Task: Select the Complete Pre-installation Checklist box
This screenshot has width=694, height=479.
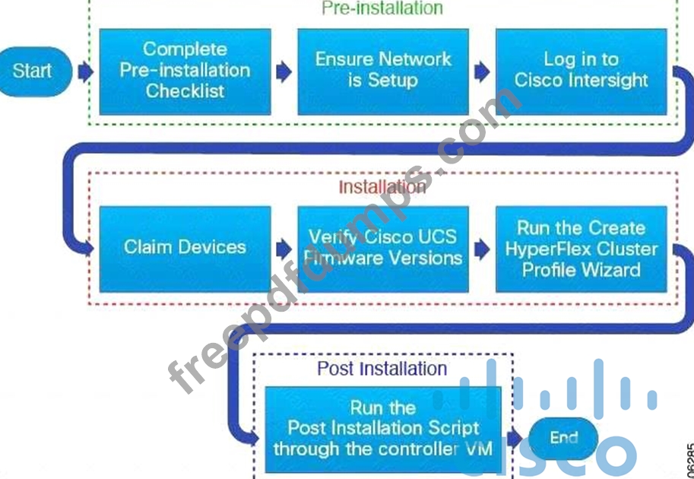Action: pos(185,71)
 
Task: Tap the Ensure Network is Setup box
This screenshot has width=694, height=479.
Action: pos(382,71)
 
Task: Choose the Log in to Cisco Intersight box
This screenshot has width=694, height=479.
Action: pos(582,71)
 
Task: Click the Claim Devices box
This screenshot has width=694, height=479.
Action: pos(185,248)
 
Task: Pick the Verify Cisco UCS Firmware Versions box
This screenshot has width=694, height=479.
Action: pos(382,248)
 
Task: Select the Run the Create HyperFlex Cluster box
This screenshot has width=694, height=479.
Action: pos(582,248)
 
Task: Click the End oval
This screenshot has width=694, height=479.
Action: pos(563,438)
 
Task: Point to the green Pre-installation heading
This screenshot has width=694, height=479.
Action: pos(382,8)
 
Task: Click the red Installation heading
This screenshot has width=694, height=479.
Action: pos(382,186)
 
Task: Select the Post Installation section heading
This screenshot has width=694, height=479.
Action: pos(382,369)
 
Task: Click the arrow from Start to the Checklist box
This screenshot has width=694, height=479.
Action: pos(85,71)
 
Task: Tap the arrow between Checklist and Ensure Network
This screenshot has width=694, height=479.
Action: pos(284,71)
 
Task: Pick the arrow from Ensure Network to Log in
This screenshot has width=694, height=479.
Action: pos(482,71)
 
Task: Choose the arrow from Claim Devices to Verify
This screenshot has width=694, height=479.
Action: pos(284,248)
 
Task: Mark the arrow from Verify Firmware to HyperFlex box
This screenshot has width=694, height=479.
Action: pos(482,248)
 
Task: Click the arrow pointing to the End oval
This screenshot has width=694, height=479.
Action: pos(515,438)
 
